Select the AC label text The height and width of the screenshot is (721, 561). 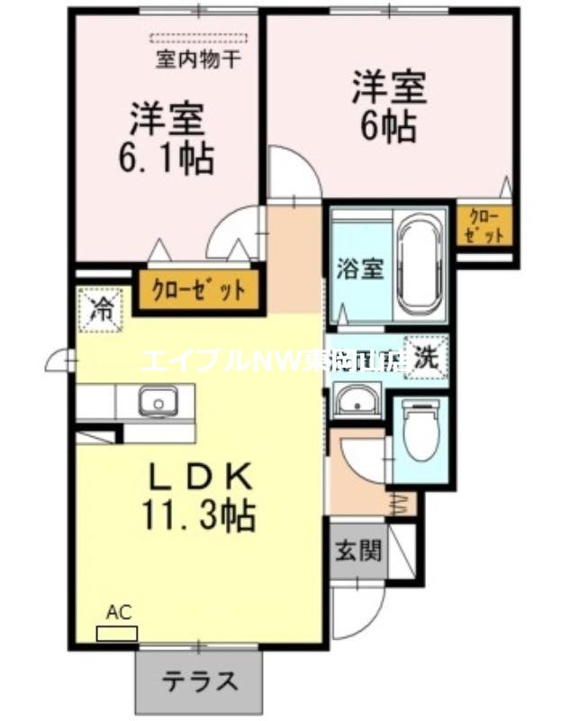pos(119,613)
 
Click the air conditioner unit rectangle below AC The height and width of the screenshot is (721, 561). pos(117,634)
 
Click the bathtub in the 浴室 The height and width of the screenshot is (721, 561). pos(421,263)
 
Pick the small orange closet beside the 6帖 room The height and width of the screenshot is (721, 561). pos(484,226)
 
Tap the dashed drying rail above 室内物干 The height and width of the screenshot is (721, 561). pos(198,40)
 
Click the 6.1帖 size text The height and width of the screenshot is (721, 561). pos(167,159)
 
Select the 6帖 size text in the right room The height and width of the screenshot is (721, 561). pos(389,126)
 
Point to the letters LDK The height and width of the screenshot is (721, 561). pos(199,475)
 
